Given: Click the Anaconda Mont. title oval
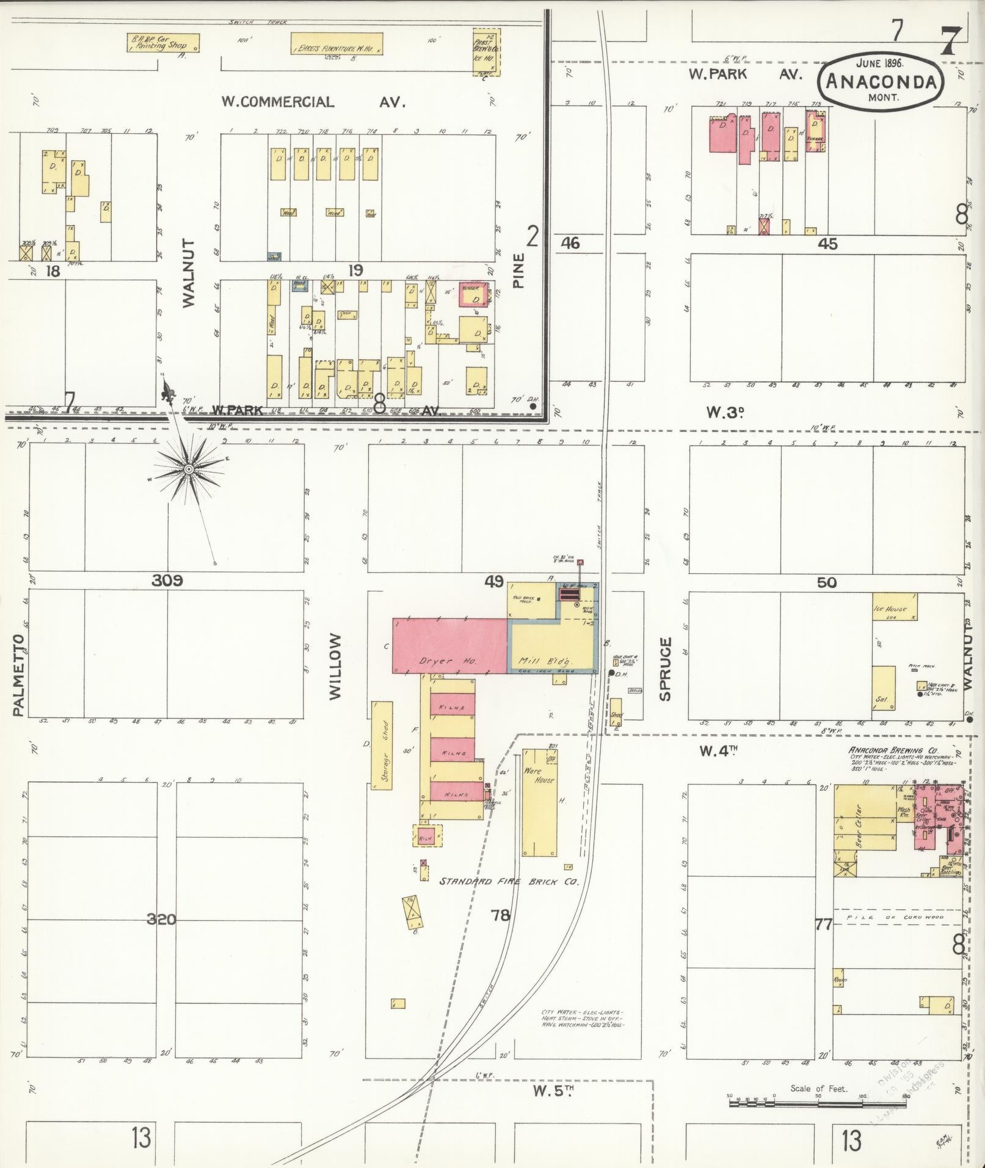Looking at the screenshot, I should (881, 81).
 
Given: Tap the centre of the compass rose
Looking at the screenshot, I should (189, 469).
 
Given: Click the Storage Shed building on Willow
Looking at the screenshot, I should (383, 745).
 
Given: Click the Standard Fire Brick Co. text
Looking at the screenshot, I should (509, 882).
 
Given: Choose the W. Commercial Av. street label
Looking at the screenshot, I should (313, 102).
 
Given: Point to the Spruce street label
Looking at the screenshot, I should (665, 669).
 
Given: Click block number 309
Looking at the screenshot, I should (167, 581).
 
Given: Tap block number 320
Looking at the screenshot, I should (162, 918).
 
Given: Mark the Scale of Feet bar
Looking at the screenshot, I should (818, 1097).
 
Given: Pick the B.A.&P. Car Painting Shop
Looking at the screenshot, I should (163, 43).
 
